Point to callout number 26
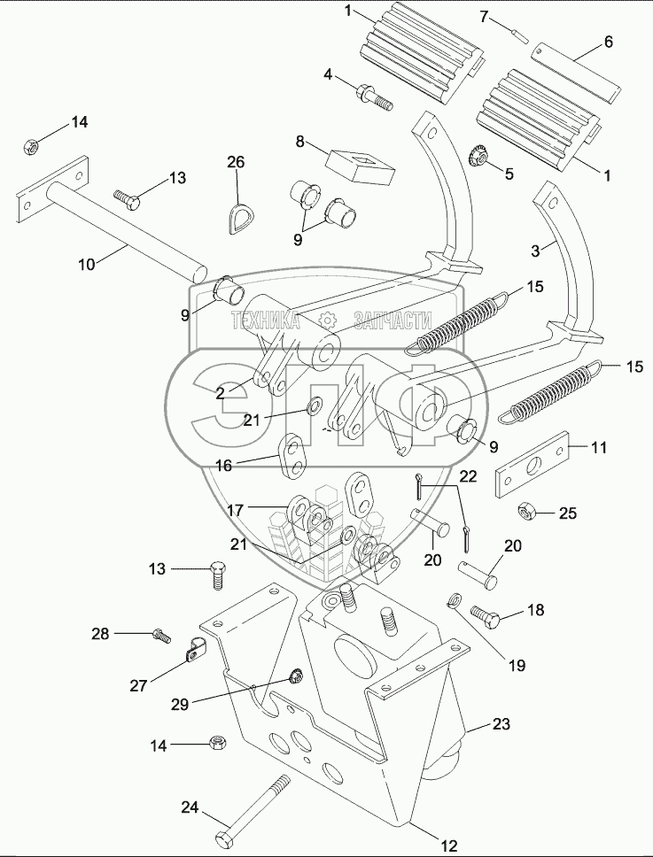(236, 162)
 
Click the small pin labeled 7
(521, 34)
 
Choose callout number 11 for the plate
(600, 448)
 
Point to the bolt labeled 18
(486, 613)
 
